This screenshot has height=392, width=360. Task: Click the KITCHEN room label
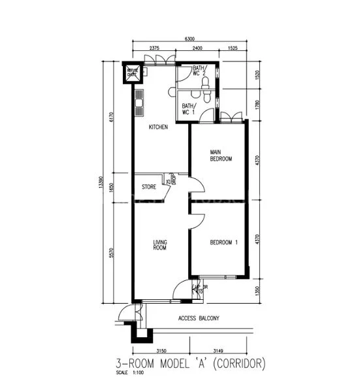point(159,127)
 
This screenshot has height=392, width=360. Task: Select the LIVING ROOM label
point(160,245)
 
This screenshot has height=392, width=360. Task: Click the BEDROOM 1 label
point(223,243)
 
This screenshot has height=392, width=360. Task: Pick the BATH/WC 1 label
point(189,109)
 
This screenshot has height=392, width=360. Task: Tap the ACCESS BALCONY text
point(199,318)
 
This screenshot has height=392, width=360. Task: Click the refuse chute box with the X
point(133,74)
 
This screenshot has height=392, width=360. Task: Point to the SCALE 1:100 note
point(128,373)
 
